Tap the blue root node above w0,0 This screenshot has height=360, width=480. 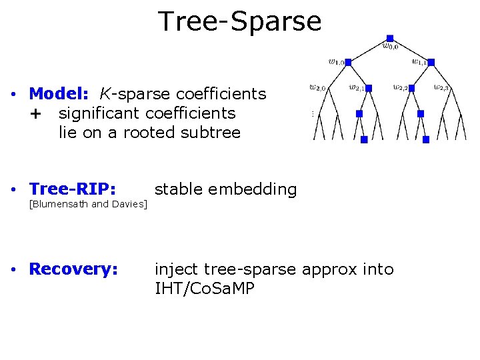(x=390, y=38)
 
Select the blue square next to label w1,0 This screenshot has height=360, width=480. (x=348, y=62)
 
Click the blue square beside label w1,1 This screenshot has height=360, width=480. (x=431, y=62)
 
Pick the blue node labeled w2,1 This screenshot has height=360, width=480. (x=368, y=88)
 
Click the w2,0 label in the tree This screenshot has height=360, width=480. (x=318, y=87)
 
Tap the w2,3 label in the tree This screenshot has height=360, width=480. (x=441, y=87)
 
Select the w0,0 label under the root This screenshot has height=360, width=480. (x=391, y=47)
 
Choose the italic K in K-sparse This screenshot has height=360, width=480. (x=105, y=94)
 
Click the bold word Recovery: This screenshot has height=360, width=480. (x=74, y=269)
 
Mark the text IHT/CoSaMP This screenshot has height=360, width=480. (x=204, y=289)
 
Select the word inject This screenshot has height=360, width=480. (x=177, y=269)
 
